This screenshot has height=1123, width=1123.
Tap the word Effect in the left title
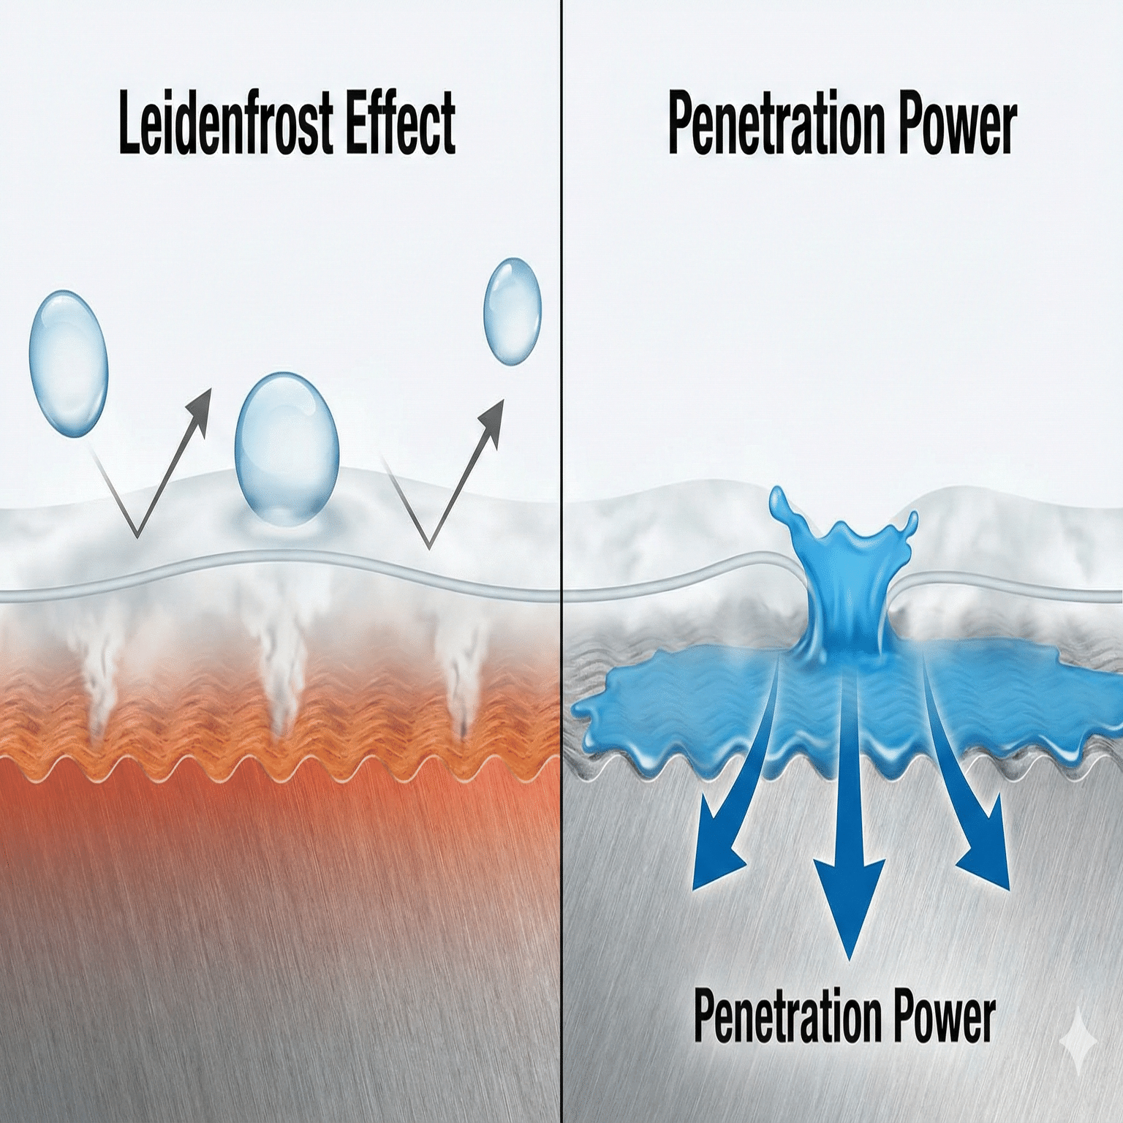click(x=401, y=122)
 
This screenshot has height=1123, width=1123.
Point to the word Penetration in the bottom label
click(x=788, y=1016)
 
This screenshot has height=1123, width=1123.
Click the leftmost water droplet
click(x=68, y=363)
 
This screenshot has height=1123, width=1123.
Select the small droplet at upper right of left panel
click(x=512, y=311)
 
